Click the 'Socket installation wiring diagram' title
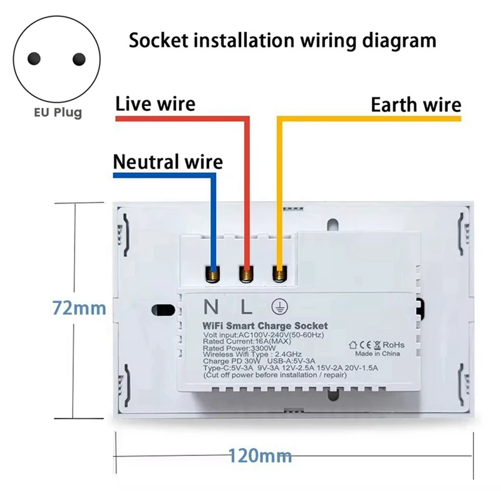pos(282,41)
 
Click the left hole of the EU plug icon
pos(34,59)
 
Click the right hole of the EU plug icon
pos(78,59)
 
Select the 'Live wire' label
pos(155,103)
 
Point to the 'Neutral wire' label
pos(168,162)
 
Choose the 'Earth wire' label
pos(416,105)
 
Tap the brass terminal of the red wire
pos(247,273)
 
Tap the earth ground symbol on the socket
pos(279,306)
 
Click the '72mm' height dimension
pos(78,307)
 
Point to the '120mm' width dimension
pos(259,455)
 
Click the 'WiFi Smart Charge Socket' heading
pos(265,326)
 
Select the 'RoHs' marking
pos(393,344)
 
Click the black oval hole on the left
pos(163,309)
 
